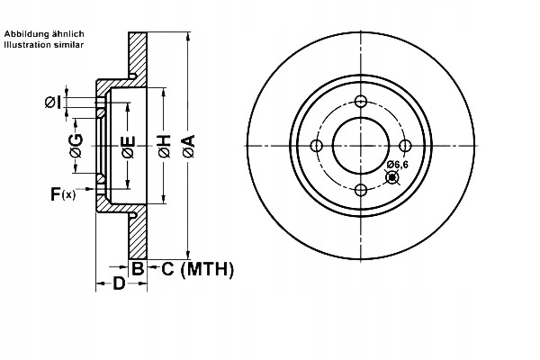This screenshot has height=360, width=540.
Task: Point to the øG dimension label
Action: pyautogui.click(x=76, y=147)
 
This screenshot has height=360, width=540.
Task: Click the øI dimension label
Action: pyautogui.click(x=53, y=103)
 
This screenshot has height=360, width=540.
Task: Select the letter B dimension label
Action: pyautogui.click(x=138, y=268)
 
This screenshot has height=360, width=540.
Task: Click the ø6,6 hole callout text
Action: pyautogui.click(x=398, y=164)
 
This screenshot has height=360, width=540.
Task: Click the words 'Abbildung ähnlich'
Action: pyautogui.click(x=44, y=33)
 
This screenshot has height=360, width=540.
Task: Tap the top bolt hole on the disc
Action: pyautogui.click(x=361, y=101)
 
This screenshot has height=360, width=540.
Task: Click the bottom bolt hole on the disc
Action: pyautogui.click(x=361, y=189)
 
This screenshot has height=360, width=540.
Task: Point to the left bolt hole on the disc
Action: pyautogui.click(x=317, y=145)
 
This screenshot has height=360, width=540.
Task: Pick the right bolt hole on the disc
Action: pyautogui.click(x=405, y=145)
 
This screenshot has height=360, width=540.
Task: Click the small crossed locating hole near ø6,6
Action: pyautogui.click(x=392, y=176)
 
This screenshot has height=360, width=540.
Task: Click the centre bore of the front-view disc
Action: pyautogui.click(x=361, y=145)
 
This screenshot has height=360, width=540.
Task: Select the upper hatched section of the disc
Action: pyautogui.click(x=138, y=54)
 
